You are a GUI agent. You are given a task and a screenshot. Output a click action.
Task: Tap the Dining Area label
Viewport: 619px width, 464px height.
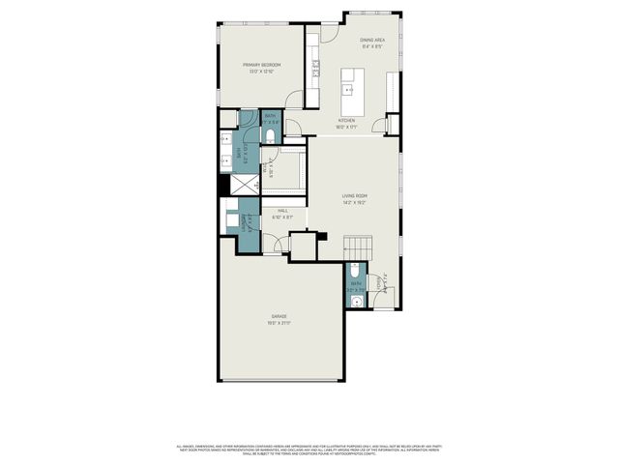click(372, 40)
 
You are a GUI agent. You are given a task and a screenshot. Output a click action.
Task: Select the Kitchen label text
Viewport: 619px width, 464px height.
click(346, 121)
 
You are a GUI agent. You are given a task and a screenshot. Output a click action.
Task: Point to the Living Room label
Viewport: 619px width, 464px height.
click(354, 196)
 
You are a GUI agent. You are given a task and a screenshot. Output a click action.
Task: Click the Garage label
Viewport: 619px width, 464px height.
click(279, 317)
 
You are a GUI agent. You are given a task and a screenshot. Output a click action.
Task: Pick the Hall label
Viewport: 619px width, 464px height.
click(282, 210)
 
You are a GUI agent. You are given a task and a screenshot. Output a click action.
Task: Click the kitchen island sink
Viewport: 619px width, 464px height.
click(350, 91)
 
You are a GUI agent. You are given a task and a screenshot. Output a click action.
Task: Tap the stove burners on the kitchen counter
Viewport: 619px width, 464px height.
click(314, 69)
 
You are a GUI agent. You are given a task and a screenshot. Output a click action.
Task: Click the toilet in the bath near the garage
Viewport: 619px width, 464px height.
click(355, 268)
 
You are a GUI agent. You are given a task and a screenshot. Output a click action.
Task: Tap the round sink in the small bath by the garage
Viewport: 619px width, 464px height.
click(355, 302)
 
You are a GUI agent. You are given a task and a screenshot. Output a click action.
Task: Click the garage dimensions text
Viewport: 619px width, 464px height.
click(279, 323)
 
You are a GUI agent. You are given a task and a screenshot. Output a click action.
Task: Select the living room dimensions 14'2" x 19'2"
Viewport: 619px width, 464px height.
click(354, 203)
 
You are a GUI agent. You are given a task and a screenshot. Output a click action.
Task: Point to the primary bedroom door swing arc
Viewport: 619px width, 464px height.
click(294, 99)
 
